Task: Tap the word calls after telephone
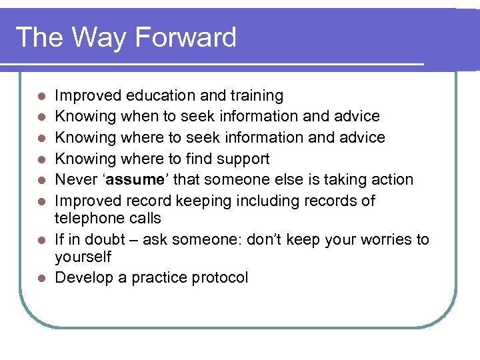pyautogui.click(x=143, y=218)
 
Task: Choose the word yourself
pyautogui.click(x=83, y=257)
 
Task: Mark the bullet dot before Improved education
pyautogui.click(x=41, y=97)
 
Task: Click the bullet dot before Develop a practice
pyautogui.click(x=41, y=278)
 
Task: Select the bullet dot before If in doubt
pyautogui.click(x=41, y=240)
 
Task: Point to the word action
pyautogui.click(x=390, y=180)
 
